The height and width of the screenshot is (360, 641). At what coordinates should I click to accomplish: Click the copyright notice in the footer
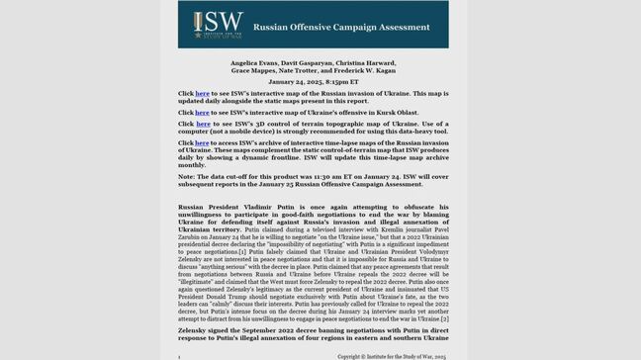pyautogui.click(x=392, y=354)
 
